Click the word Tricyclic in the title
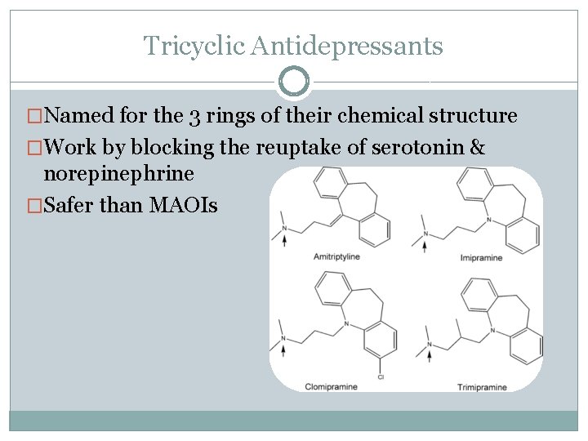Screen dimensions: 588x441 [194, 45]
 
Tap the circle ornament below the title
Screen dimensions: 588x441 [294, 82]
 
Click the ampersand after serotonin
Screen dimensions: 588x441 [479, 148]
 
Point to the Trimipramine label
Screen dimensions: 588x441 [481, 385]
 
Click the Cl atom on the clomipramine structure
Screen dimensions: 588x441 [381, 376]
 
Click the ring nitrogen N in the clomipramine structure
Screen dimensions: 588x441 [346, 324]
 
